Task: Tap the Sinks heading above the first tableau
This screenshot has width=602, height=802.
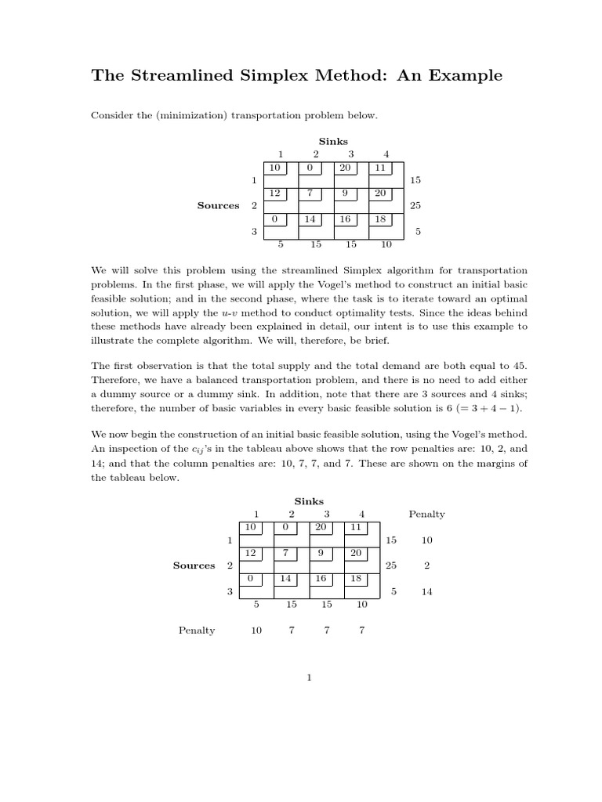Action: click(333, 141)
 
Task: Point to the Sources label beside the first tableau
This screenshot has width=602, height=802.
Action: click(218, 205)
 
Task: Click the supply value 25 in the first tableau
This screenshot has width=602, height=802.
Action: click(415, 205)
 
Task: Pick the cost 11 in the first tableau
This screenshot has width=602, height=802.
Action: click(380, 168)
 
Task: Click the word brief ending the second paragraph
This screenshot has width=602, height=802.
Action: click(398, 341)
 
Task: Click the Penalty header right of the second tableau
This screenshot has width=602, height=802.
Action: click(426, 515)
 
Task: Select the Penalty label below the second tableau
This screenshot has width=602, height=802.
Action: click(197, 630)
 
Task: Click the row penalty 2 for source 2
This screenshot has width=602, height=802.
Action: click(426, 565)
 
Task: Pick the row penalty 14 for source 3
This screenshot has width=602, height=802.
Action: click(426, 591)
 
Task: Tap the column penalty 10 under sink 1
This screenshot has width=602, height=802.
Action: click(256, 630)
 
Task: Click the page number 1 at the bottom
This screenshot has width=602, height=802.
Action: click(310, 678)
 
